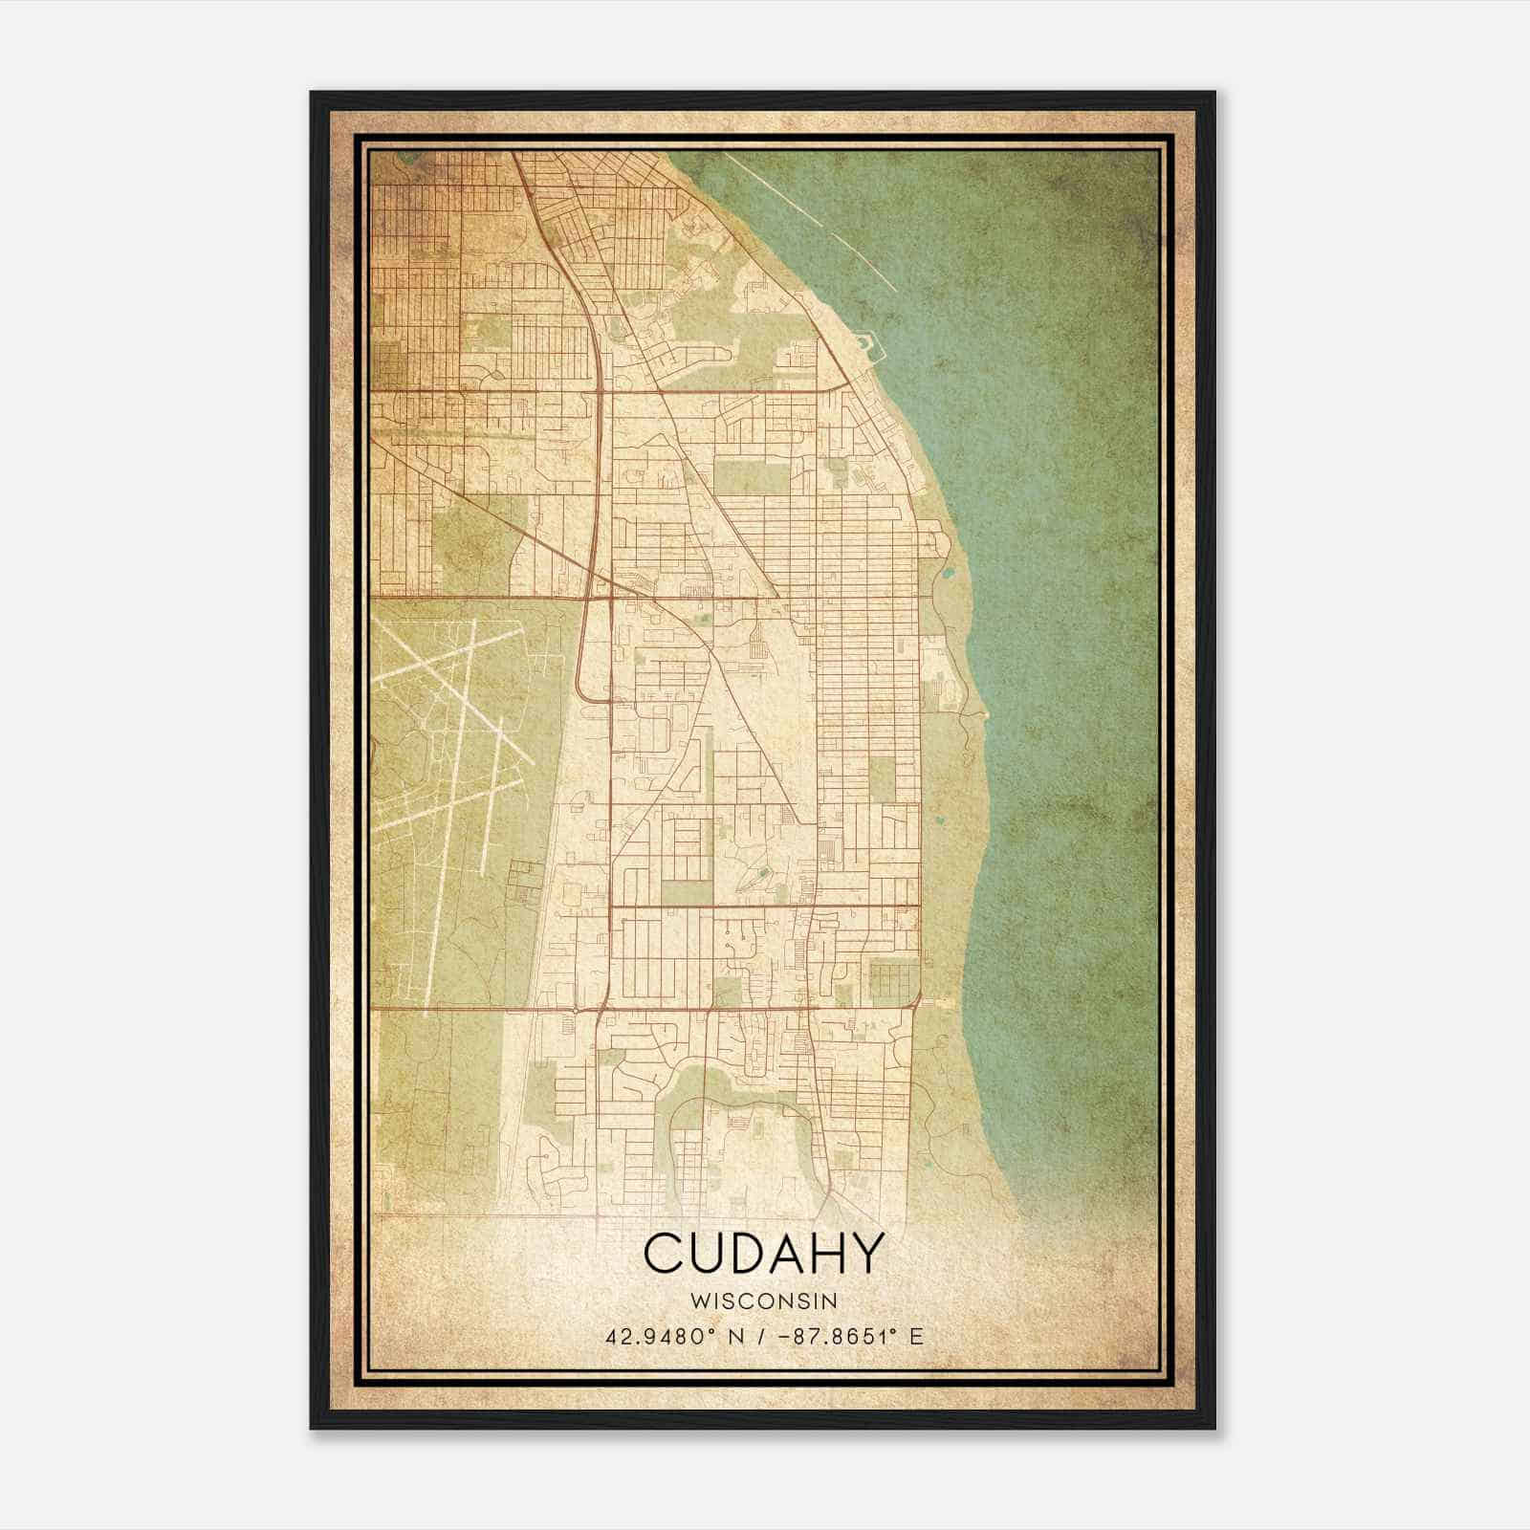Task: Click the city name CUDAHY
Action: pos(762,1253)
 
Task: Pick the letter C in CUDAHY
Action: pos(663,1253)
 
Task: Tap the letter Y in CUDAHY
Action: pos(863,1253)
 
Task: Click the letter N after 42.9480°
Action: pos(732,1336)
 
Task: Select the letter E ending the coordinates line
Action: pos(916,1336)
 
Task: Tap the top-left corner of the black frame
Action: pos(313,94)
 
